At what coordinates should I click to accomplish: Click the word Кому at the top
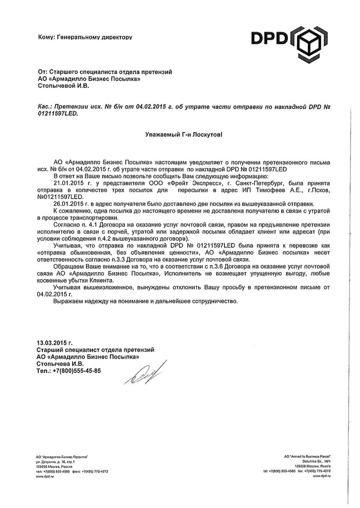pos(46,36)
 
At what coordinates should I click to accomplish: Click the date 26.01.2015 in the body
pos(69,204)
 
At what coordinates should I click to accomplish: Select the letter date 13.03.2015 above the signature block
pos(54,343)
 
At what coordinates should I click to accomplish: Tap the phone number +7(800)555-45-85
pos(77,371)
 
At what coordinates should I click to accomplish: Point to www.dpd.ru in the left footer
pos(45,477)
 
